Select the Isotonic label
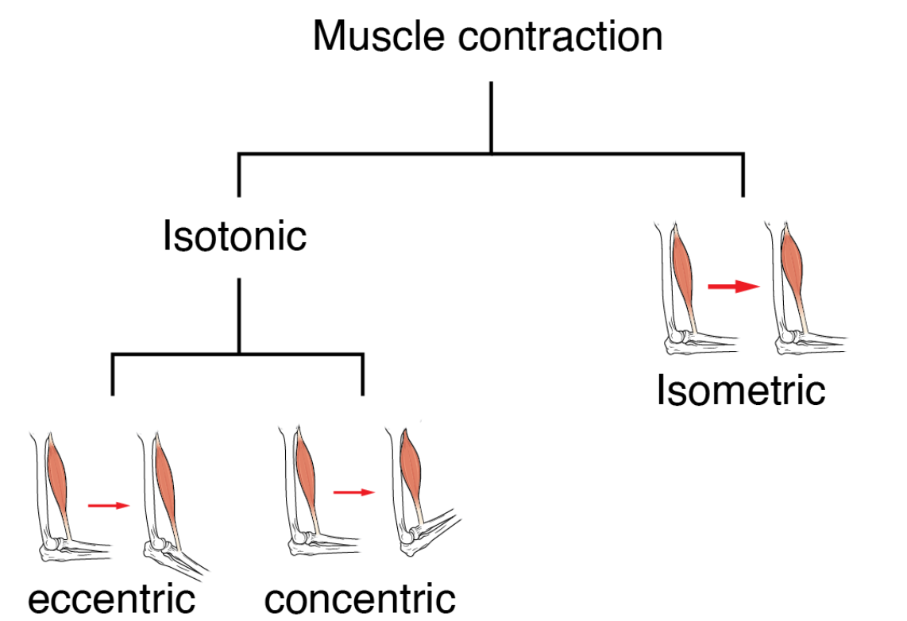click(x=235, y=236)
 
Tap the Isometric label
click(x=740, y=390)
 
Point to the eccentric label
click(x=111, y=599)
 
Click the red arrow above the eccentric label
click(x=108, y=505)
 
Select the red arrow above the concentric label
click(x=353, y=492)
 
